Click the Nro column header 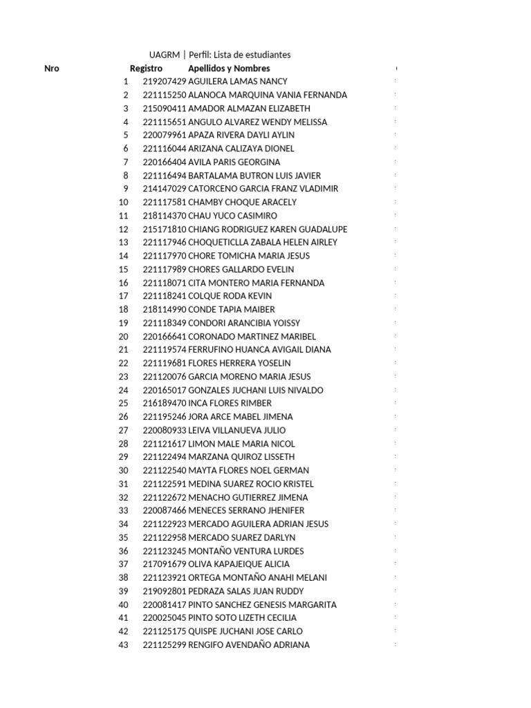(x=52, y=68)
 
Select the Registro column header (x=146, y=68)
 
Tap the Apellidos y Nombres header (x=229, y=68)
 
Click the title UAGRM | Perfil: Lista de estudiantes (x=220, y=55)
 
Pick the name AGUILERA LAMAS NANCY (x=238, y=82)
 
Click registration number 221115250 (x=165, y=95)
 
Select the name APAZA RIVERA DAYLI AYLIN (x=241, y=135)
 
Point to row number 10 (x=124, y=202)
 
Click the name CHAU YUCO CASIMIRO (x=232, y=216)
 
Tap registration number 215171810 (x=165, y=229)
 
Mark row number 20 (x=124, y=336)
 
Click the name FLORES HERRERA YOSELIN (x=239, y=363)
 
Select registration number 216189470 (x=165, y=403)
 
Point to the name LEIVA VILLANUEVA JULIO (x=236, y=430)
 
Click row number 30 (x=124, y=470)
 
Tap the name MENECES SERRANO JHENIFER (x=246, y=510)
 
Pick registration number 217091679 (x=165, y=564)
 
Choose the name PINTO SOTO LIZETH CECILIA (x=242, y=617)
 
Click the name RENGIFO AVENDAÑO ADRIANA (x=249, y=644)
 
